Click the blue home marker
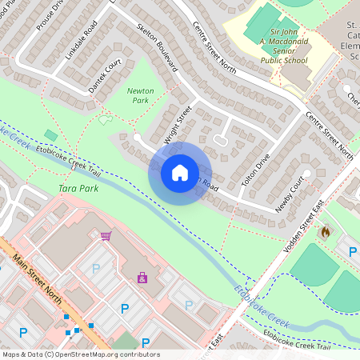pyautogui.click(x=179, y=173)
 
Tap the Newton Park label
pyautogui.click(x=140, y=96)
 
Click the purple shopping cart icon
pyautogui.click(x=106, y=235)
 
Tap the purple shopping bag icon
pyautogui.click(x=142, y=278)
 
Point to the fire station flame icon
pyautogui.click(x=325, y=232)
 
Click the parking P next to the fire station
pyautogui.click(x=353, y=251)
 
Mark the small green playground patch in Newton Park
pyautogui.click(x=105, y=120)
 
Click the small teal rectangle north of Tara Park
pyautogui.click(x=51, y=134)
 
